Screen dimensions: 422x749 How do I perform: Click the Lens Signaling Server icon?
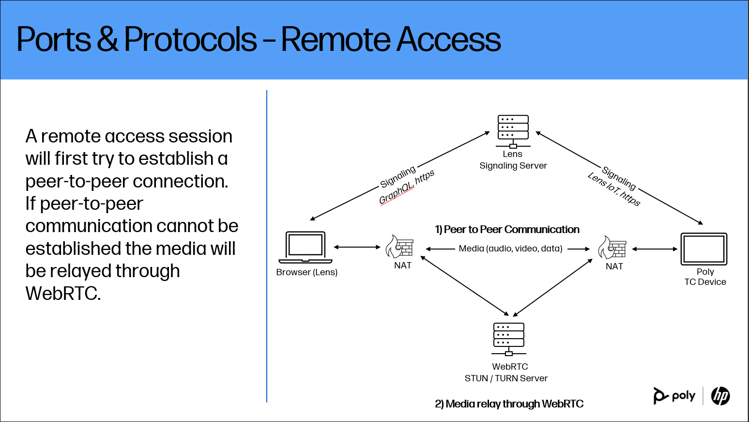coord(513,131)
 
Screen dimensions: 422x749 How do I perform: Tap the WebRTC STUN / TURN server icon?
coord(508,339)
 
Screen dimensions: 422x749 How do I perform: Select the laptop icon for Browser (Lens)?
coord(306,247)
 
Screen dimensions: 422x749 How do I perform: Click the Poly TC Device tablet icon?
coord(703,249)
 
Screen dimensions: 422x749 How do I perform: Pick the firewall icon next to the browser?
coord(399,247)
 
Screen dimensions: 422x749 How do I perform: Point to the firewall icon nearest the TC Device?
coord(612,248)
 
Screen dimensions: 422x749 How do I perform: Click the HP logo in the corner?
coord(720,396)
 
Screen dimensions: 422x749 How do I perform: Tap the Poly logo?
coord(674,396)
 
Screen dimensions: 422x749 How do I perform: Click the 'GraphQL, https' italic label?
coord(406,188)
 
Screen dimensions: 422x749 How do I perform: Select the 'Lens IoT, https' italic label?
coord(614,189)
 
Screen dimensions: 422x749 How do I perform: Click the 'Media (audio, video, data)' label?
coord(510,249)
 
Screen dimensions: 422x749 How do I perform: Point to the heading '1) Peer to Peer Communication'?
coord(507,230)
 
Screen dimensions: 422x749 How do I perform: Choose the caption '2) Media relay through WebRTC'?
coord(509,404)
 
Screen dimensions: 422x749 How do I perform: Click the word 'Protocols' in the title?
coord(190,39)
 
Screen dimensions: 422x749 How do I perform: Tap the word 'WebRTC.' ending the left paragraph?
coord(63,294)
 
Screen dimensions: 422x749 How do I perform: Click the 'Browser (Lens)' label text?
coord(306,272)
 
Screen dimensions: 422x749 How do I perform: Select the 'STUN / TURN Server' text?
coord(506,378)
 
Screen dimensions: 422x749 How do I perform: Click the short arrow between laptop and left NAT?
coord(357,247)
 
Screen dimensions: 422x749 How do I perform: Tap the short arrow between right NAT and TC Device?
coord(655,249)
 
